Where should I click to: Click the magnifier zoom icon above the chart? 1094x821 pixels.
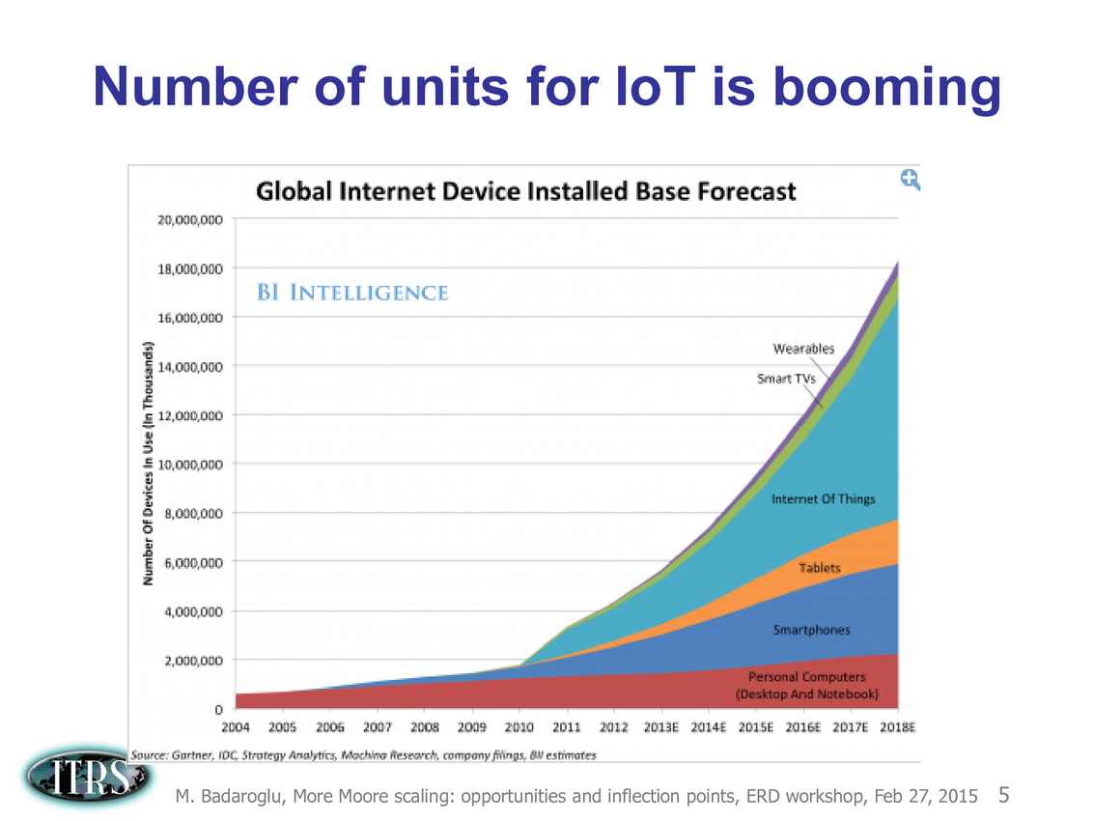coord(910,179)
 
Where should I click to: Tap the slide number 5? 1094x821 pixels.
coord(1004,796)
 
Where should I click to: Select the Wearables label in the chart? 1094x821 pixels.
coord(803,349)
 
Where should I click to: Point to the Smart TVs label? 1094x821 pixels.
coord(786,379)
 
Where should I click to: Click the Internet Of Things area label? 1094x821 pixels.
coord(823,499)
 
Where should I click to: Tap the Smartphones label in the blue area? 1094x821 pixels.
coord(812,630)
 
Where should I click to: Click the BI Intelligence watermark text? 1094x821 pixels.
coord(351,292)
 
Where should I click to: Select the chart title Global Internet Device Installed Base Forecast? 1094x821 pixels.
coord(525,191)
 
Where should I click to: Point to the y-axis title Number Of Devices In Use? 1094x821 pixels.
coord(150,464)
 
